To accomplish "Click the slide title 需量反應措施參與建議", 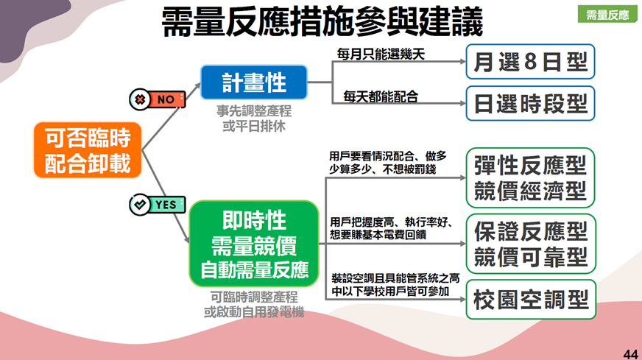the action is [x=322, y=22].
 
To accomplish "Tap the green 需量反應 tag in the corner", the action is [x=607, y=14].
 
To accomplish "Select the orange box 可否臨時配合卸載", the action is [x=88, y=150].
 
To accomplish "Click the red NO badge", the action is [x=158, y=99].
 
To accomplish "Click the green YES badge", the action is [x=158, y=205].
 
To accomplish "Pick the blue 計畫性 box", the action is [x=254, y=82].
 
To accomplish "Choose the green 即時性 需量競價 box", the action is [x=254, y=244].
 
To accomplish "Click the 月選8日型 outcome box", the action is [x=530, y=61].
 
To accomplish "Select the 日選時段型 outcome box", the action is [x=530, y=103].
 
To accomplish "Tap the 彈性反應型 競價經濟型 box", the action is [x=530, y=177].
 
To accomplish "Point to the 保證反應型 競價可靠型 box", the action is [x=531, y=244].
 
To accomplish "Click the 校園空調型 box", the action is [x=531, y=300].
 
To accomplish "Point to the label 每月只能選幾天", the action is [x=381, y=54].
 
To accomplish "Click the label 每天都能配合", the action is [x=381, y=96].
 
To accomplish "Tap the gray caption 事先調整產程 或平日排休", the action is [x=254, y=119].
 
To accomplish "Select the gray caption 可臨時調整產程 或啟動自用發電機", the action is [x=254, y=304].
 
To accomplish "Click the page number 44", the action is [x=630, y=354].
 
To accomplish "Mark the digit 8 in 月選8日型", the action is [x=530, y=62].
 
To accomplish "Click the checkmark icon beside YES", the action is [x=140, y=205].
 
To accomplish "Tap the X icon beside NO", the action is [x=140, y=99].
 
